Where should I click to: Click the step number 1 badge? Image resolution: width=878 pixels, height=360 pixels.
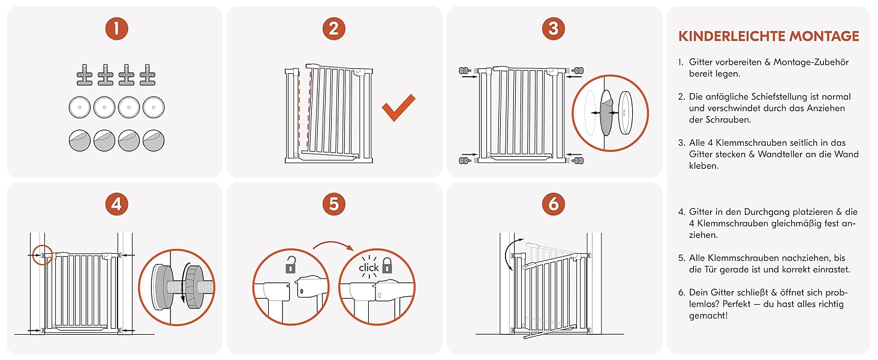[117, 29]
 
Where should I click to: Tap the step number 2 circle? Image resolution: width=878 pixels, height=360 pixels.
[333, 29]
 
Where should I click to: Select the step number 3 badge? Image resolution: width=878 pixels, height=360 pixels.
[553, 29]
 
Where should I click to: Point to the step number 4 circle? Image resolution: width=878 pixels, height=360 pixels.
[117, 204]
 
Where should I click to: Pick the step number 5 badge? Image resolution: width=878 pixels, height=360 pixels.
[333, 204]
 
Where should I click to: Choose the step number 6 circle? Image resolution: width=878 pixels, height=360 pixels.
[553, 204]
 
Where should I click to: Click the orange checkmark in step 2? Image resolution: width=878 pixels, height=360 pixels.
[398, 107]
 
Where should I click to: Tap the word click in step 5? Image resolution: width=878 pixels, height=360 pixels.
[368, 268]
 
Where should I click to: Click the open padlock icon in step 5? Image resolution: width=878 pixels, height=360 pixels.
[290, 265]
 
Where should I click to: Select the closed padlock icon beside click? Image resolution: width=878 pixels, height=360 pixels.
[387, 265]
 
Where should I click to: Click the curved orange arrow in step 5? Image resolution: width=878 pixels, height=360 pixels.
[333, 245]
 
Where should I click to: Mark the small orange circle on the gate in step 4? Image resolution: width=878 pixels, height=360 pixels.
[43, 255]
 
